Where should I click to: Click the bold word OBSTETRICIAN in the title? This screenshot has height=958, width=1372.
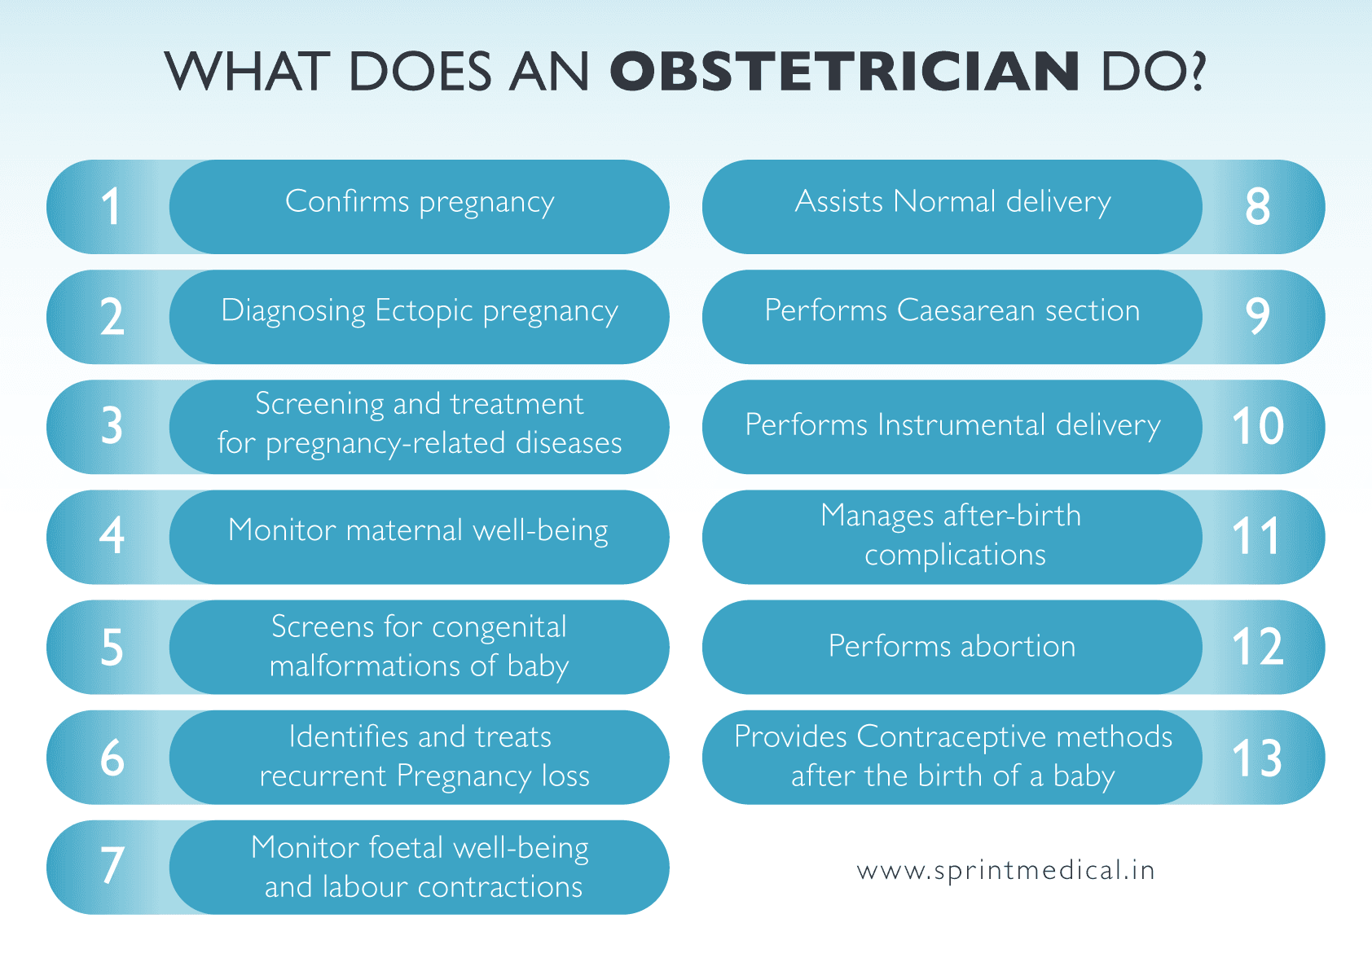click(x=845, y=72)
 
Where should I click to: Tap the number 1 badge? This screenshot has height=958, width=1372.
click(x=111, y=207)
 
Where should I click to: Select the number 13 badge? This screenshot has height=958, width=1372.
click(x=1257, y=758)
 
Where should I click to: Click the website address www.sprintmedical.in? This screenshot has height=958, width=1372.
click(x=1005, y=871)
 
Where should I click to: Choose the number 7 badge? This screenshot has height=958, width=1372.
click(x=112, y=865)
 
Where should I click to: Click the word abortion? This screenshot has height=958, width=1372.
click(x=1018, y=647)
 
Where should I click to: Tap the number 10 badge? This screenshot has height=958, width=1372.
click(x=1257, y=426)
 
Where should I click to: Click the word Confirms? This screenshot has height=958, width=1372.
click(x=347, y=202)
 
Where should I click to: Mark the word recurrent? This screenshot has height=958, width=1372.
click(x=323, y=776)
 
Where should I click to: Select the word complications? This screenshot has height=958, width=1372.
click(x=955, y=556)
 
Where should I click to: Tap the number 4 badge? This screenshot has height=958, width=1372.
click(x=112, y=535)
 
